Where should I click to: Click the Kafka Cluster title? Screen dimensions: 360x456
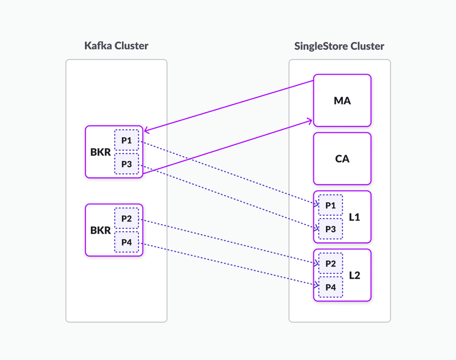pyautogui.click(x=116, y=46)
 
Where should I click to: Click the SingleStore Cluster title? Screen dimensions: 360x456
pyautogui.click(x=339, y=46)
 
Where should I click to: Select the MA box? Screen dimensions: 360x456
pyautogui.click(x=342, y=101)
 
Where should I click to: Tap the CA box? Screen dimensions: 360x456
pyautogui.click(x=342, y=159)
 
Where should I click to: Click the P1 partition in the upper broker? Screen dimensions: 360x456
pyautogui.click(x=126, y=141)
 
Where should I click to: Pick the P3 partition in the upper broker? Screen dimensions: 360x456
pyautogui.click(x=126, y=164)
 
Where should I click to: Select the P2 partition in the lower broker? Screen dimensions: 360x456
pyautogui.click(x=126, y=218)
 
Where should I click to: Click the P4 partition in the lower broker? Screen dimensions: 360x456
pyautogui.click(x=126, y=242)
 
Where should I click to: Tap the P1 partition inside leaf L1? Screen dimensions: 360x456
pyautogui.click(x=330, y=206)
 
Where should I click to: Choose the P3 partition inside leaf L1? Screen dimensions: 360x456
pyautogui.click(x=330, y=229)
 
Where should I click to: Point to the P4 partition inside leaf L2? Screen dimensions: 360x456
pyautogui.click(x=330, y=287)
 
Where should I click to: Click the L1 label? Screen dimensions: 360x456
pyautogui.click(x=354, y=218)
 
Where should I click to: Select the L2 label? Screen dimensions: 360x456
pyautogui.click(x=354, y=275)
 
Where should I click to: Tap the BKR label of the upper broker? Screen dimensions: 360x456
pyautogui.click(x=100, y=152)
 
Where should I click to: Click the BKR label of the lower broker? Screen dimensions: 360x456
pyautogui.click(x=100, y=230)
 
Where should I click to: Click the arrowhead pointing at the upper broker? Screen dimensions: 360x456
pyautogui.click(x=146, y=131)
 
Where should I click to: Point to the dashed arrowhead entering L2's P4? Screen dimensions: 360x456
pyautogui.click(x=315, y=285)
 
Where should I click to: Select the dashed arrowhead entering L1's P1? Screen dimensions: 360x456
pyautogui.click(x=315, y=204)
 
